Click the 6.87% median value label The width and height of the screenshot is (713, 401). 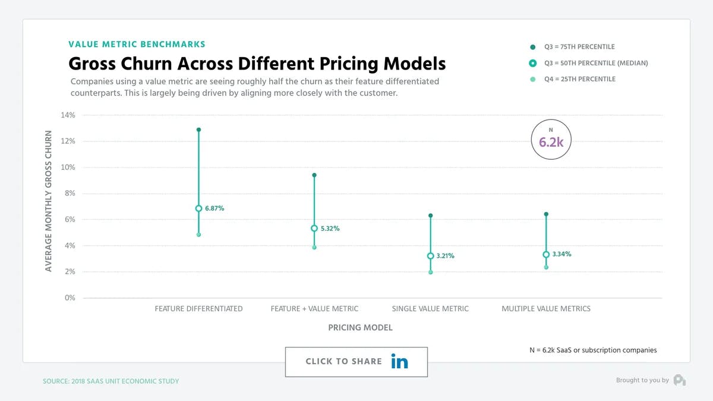(x=214, y=209)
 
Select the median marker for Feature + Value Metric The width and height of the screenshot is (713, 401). (x=314, y=228)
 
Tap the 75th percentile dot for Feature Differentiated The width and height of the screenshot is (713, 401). (x=198, y=130)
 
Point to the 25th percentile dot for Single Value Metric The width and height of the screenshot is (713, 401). (x=430, y=272)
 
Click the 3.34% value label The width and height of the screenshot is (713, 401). (x=561, y=254)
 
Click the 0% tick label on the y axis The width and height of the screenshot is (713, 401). (x=70, y=298)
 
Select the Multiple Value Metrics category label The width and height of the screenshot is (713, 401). (x=546, y=309)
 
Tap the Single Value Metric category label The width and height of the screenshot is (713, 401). (x=430, y=309)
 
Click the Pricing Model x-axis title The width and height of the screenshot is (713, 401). (x=360, y=327)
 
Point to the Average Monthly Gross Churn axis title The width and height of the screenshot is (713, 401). (x=49, y=202)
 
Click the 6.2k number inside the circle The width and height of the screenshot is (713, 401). (x=550, y=143)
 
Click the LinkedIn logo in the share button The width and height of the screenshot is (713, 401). (x=400, y=361)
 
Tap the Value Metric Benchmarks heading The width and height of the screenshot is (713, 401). (x=137, y=45)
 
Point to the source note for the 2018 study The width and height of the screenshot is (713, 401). (x=111, y=381)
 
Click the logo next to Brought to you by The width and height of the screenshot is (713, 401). (x=680, y=380)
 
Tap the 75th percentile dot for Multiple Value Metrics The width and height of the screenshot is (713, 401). (x=546, y=214)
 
